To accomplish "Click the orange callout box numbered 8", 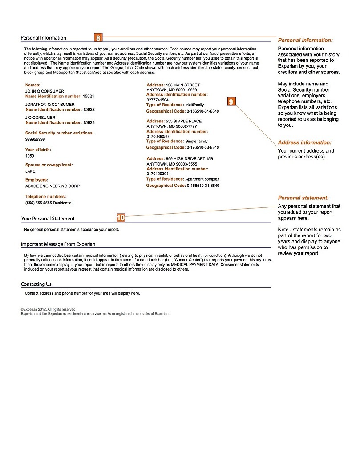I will pos(98,38).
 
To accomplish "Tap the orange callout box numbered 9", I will pos(231,102).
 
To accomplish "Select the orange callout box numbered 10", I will pos(121,218).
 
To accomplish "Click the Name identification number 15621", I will pos(89,96).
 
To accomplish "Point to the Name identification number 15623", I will pos(89,122).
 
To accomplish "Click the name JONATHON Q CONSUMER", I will pos(50,105).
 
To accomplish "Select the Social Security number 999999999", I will pos(35,139).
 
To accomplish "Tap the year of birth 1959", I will pos(30,156).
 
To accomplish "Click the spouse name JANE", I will pos(30,171).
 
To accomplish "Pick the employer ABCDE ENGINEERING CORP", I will pos(53,186).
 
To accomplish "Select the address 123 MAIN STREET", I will pos(182,85).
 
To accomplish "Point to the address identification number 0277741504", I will pos(158,100).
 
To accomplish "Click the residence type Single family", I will pos(196,141).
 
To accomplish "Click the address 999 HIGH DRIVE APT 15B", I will pos(189,159).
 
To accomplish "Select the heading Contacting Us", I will pos(36,284).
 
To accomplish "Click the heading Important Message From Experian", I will pos(58,244).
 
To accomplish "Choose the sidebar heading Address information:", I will pos(305,143).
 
